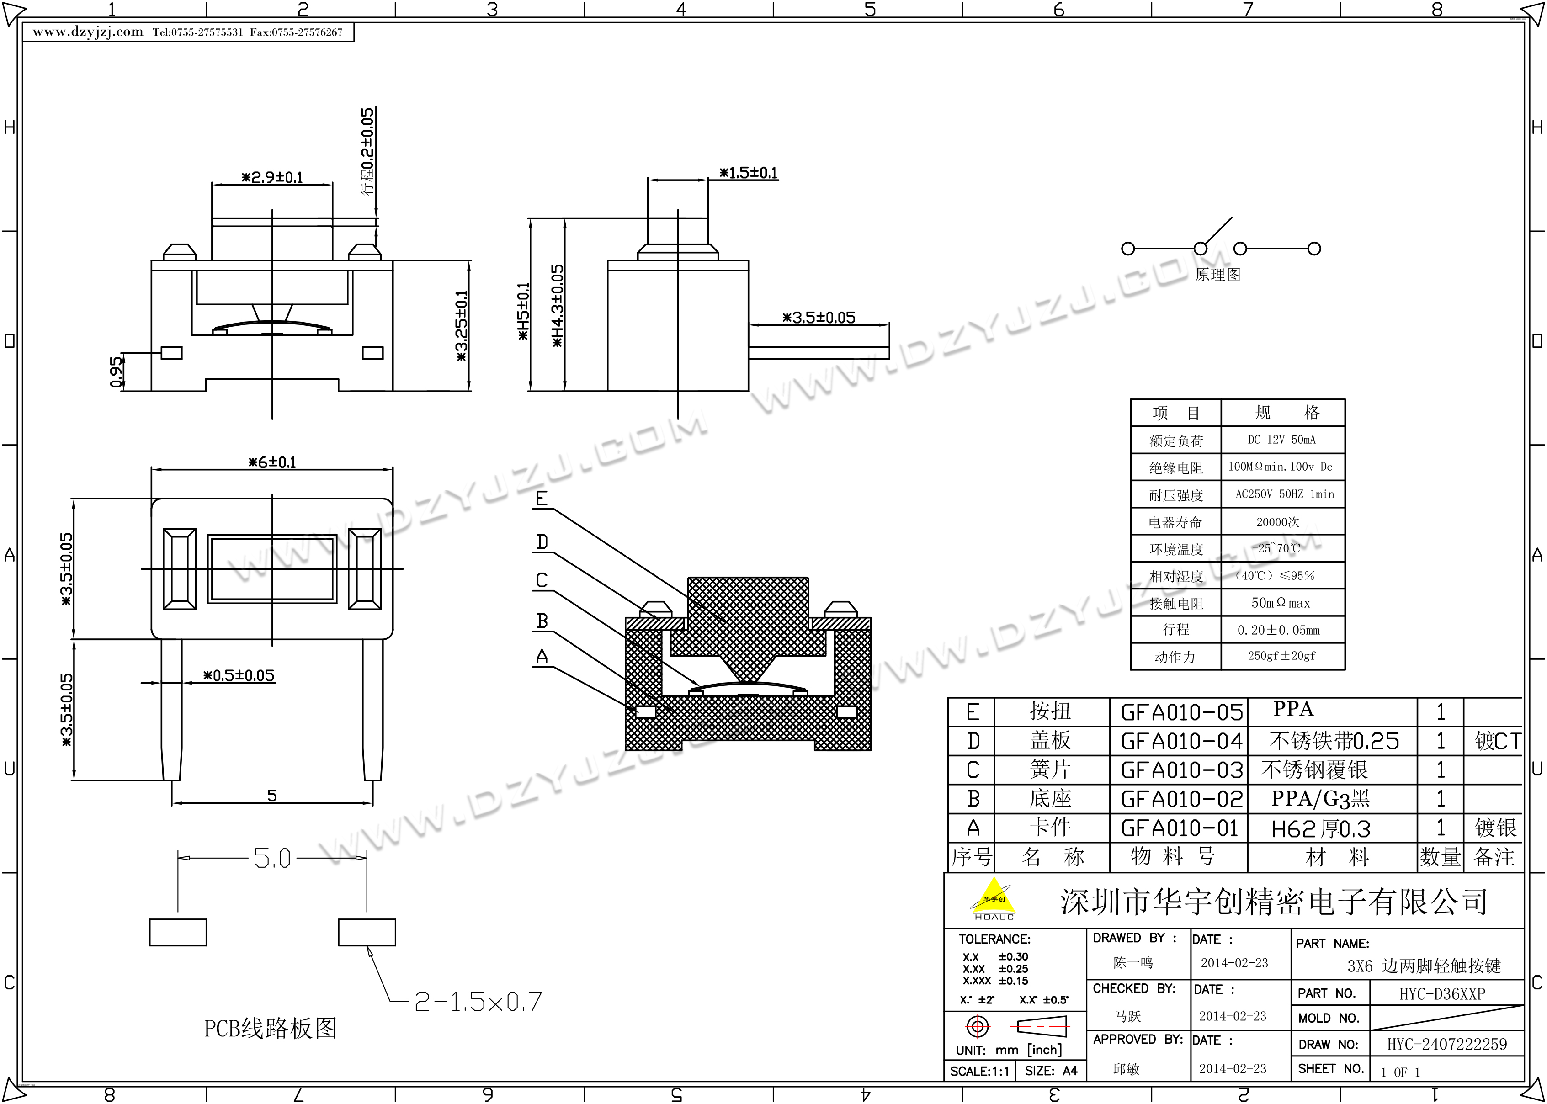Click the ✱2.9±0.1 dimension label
click(272, 177)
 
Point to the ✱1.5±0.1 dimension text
click(748, 173)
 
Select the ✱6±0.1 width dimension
click(272, 462)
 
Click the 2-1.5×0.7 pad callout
click(478, 1001)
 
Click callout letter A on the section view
click(542, 657)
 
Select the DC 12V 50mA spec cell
click(1282, 440)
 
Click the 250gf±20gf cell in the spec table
click(1282, 656)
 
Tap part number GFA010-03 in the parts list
click(1181, 770)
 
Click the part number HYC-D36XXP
click(1441, 994)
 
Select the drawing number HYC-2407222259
click(1447, 1044)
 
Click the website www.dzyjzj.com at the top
click(88, 32)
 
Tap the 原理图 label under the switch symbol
click(1217, 275)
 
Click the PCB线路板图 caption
click(271, 1028)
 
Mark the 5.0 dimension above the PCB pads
click(272, 858)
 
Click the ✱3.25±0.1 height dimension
click(462, 326)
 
